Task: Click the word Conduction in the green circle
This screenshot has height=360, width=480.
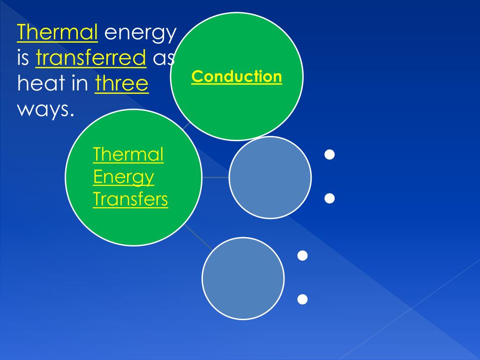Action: point(237,76)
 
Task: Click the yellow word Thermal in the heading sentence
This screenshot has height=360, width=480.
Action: point(57,33)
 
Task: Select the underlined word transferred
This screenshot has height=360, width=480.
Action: point(91,58)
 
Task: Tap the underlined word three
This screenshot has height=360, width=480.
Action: point(122,84)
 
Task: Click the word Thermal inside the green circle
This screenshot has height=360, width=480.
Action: point(128,154)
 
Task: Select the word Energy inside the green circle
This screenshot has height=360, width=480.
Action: point(123,177)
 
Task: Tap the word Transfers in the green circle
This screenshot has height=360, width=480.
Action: point(130,199)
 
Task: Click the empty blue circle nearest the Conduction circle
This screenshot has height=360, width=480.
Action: point(270,178)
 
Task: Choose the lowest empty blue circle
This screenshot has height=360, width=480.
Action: point(243,278)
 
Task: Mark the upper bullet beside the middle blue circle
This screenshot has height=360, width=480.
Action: point(330,155)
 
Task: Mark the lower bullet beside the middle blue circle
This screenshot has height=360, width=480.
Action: point(330,199)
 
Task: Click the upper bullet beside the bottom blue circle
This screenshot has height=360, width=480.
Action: point(302,255)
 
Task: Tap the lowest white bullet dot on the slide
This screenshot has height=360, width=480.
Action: point(302,299)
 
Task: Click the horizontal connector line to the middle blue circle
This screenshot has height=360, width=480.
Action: point(216,178)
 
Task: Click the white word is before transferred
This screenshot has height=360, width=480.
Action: point(23,58)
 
